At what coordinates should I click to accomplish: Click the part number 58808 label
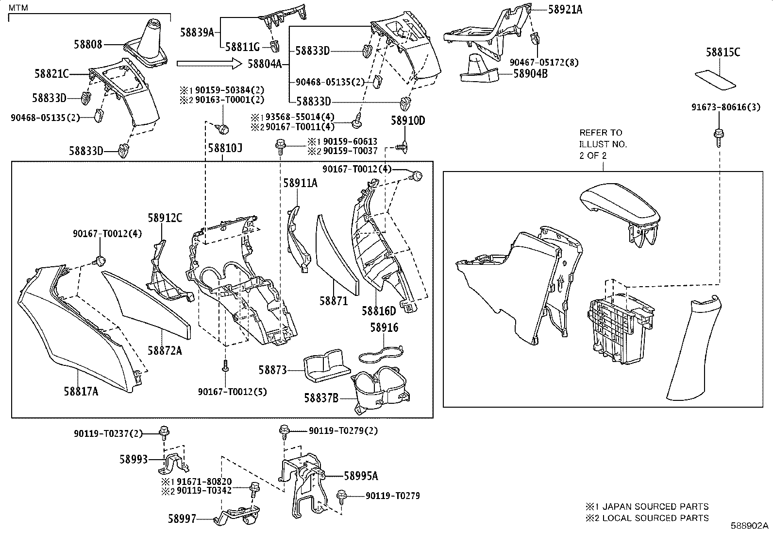[x=88, y=44]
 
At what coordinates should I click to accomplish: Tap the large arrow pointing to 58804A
[x=209, y=63]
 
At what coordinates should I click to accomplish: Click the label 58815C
[x=723, y=52]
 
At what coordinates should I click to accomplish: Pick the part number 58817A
[x=81, y=390]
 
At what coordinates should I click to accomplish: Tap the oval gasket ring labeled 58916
[x=383, y=354]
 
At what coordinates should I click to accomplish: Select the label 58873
[x=272, y=370]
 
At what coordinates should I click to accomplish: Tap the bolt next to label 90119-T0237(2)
[x=164, y=431]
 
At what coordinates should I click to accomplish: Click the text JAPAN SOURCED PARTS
[x=655, y=507]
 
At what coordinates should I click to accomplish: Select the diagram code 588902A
[x=750, y=526]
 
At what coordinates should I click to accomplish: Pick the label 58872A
[x=165, y=350]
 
